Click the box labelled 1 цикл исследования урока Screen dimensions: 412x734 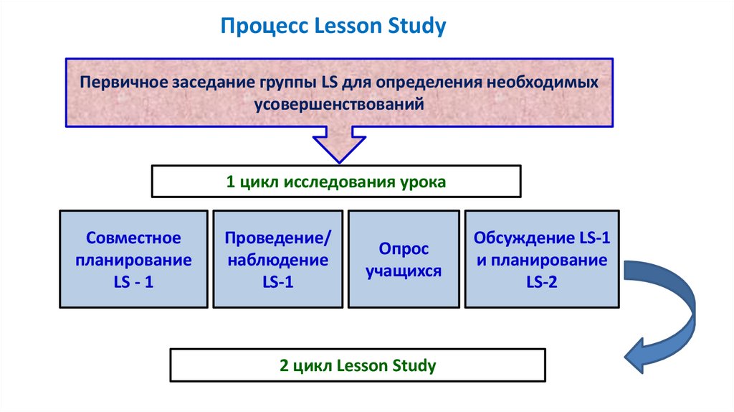[336, 181]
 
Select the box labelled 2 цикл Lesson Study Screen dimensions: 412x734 [357, 365]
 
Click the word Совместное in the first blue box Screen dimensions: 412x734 [133, 238]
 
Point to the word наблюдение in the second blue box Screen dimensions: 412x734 [278, 260]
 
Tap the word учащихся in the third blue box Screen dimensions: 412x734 [403, 272]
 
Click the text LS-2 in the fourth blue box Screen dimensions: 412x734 [541, 282]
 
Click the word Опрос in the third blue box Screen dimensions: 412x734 [403, 249]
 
